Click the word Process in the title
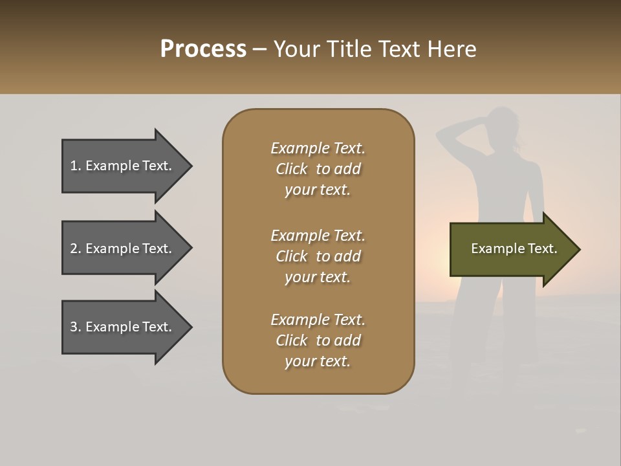pyautogui.click(x=203, y=49)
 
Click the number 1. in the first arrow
pyautogui.click(x=76, y=166)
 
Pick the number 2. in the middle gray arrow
pyautogui.click(x=76, y=249)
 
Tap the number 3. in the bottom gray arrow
pyautogui.click(x=76, y=327)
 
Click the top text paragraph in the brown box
pyautogui.click(x=318, y=169)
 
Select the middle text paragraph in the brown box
pyautogui.click(x=318, y=256)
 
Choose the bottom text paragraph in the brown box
pyautogui.click(x=318, y=340)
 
